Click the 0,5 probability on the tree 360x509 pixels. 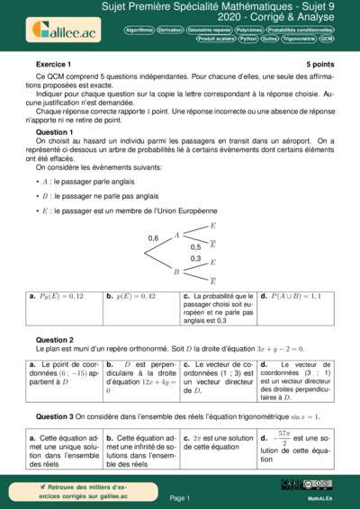(195, 246)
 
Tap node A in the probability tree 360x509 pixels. (177, 235)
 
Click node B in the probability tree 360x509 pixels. (176, 271)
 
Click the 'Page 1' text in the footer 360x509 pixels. (179, 496)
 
